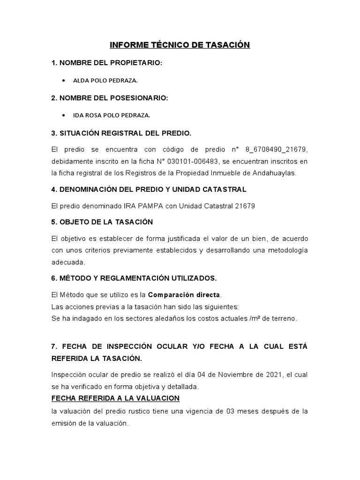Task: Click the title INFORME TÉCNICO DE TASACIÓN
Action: [180, 45]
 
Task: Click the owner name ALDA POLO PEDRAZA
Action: [105, 81]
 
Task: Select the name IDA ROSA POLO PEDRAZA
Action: [112, 115]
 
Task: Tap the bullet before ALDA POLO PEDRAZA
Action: [63, 81]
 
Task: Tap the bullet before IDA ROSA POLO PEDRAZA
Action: [63, 115]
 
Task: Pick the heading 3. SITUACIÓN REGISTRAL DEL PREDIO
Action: [121, 133]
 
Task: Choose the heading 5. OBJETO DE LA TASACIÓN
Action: [102, 222]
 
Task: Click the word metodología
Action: [286, 250]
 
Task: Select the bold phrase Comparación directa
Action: [184, 295]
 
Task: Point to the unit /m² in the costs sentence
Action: [244, 318]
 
